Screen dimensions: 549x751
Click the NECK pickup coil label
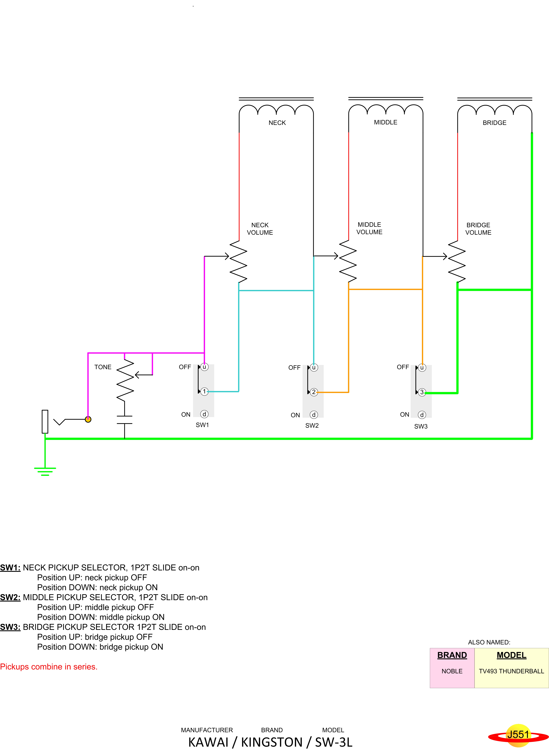[277, 123]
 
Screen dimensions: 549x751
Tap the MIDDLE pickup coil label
[385, 122]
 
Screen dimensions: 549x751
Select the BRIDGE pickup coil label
[494, 123]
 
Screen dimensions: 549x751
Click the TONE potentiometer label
[103, 367]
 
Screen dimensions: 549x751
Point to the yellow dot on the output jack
[88, 419]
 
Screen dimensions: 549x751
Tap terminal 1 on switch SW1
[204, 392]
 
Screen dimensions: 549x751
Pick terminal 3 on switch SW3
[422, 392]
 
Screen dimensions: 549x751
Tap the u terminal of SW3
[422, 368]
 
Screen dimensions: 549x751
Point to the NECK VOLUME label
[260, 229]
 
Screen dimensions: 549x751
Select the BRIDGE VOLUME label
[478, 229]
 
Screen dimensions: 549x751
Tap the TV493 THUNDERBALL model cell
[511, 671]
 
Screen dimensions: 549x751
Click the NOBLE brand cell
[452, 671]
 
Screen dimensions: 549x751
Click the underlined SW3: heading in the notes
[10, 627]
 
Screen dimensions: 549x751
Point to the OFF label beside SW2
[294, 368]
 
